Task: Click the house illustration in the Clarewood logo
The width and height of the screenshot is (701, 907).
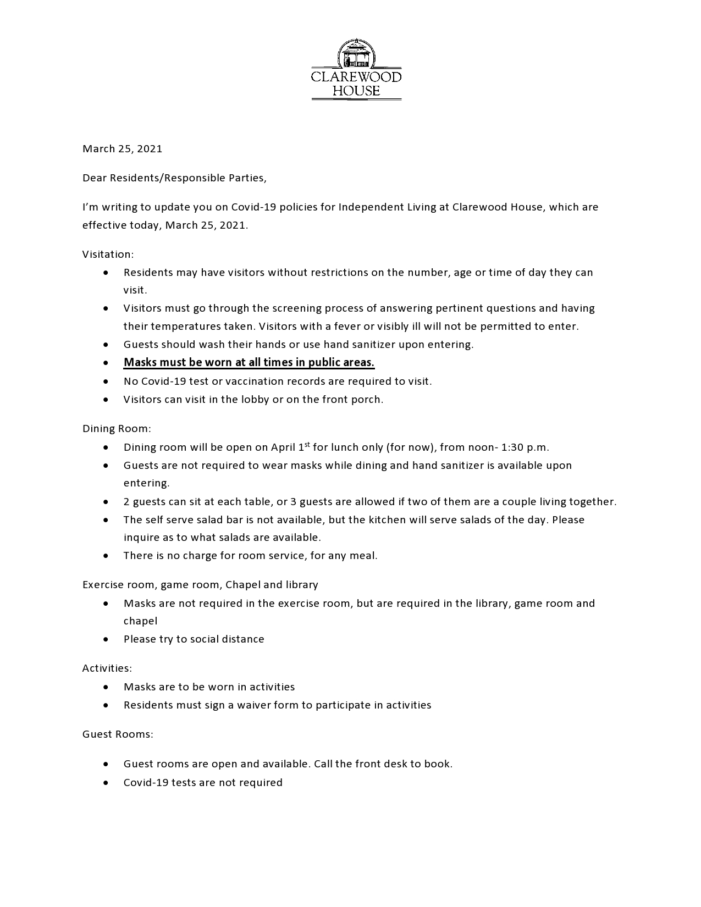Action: coord(356,54)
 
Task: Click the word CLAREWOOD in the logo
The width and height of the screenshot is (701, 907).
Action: coord(356,76)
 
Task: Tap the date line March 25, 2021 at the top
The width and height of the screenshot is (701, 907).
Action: coord(122,149)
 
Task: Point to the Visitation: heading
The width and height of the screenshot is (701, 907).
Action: coord(108,255)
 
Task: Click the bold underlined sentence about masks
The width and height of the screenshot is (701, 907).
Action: coord(249,363)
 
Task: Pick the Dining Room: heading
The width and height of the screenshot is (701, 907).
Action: coord(117,429)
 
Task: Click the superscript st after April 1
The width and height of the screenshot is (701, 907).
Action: coord(307,444)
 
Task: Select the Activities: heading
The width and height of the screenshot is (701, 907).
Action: coord(107,668)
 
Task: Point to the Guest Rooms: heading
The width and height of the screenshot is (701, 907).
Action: coord(118,734)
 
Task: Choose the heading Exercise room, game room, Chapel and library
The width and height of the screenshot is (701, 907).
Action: coord(200,585)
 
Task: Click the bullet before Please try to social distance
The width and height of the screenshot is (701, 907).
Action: coord(106,639)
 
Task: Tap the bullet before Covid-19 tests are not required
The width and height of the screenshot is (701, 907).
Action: coord(106,783)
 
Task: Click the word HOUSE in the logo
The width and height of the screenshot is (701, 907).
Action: coord(356,91)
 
